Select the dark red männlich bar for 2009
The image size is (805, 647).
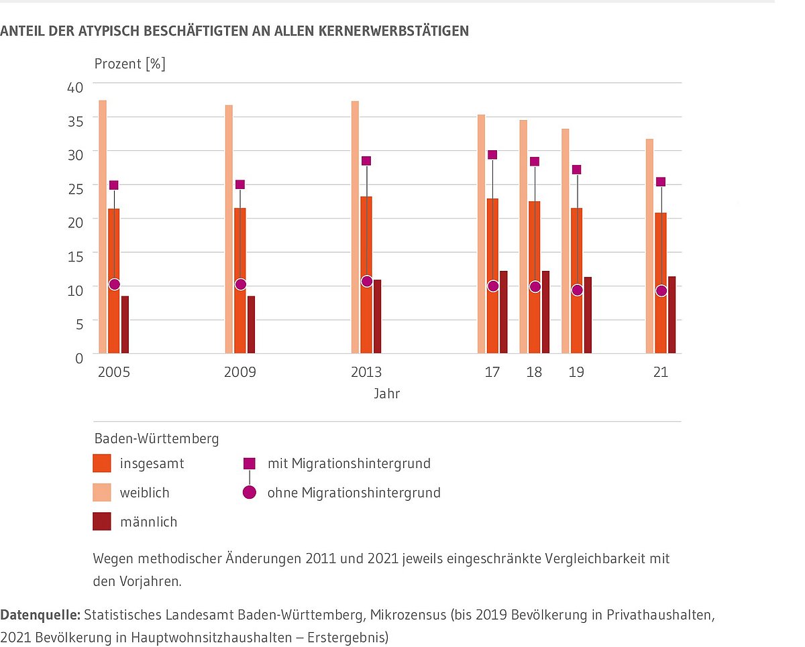(x=251, y=325)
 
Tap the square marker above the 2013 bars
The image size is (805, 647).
(x=366, y=161)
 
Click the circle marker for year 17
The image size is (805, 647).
(x=493, y=286)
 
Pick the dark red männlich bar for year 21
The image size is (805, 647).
(x=672, y=314)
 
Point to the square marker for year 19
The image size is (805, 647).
(x=577, y=170)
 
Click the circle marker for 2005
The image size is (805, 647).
(x=114, y=284)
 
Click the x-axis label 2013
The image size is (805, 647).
(x=366, y=372)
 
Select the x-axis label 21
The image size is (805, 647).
(x=661, y=372)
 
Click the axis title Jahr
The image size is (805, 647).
(x=387, y=394)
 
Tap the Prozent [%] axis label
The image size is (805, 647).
(x=129, y=64)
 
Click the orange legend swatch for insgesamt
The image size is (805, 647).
(x=101, y=463)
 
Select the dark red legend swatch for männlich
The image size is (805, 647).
(x=101, y=522)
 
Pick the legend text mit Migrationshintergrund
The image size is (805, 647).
(x=349, y=463)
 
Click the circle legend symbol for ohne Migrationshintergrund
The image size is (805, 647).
(x=250, y=493)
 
